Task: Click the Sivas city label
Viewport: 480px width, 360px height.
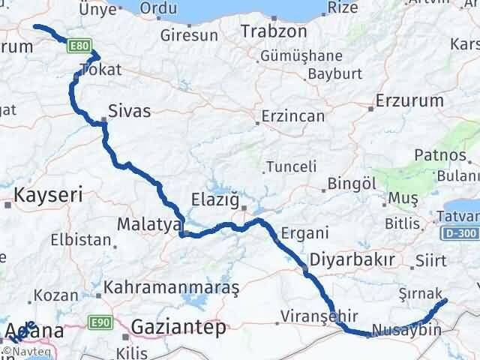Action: point(130,112)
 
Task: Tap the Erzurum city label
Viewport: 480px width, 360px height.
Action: point(406,100)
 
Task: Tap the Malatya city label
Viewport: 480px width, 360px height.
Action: point(149,223)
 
